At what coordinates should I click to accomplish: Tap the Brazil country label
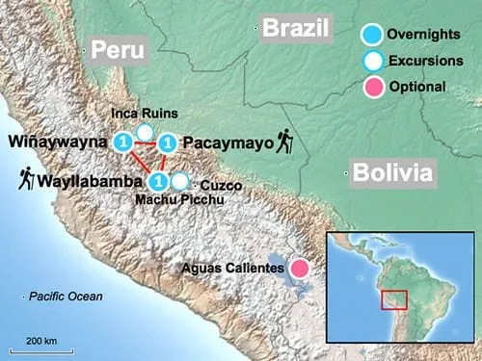(297, 28)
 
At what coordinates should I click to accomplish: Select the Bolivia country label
(393, 173)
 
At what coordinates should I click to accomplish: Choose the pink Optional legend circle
(370, 88)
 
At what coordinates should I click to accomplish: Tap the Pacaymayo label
(220, 142)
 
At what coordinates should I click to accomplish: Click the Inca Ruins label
(137, 114)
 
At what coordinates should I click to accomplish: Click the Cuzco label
(223, 184)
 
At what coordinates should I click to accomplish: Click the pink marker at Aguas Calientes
(300, 268)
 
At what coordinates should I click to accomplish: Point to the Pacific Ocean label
(65, 297)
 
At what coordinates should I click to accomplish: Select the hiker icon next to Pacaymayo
(285, 142)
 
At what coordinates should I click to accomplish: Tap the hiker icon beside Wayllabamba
(26, 178)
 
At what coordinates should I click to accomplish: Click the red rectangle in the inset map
(392, 298)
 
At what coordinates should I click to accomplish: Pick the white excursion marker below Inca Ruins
(145, 132)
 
